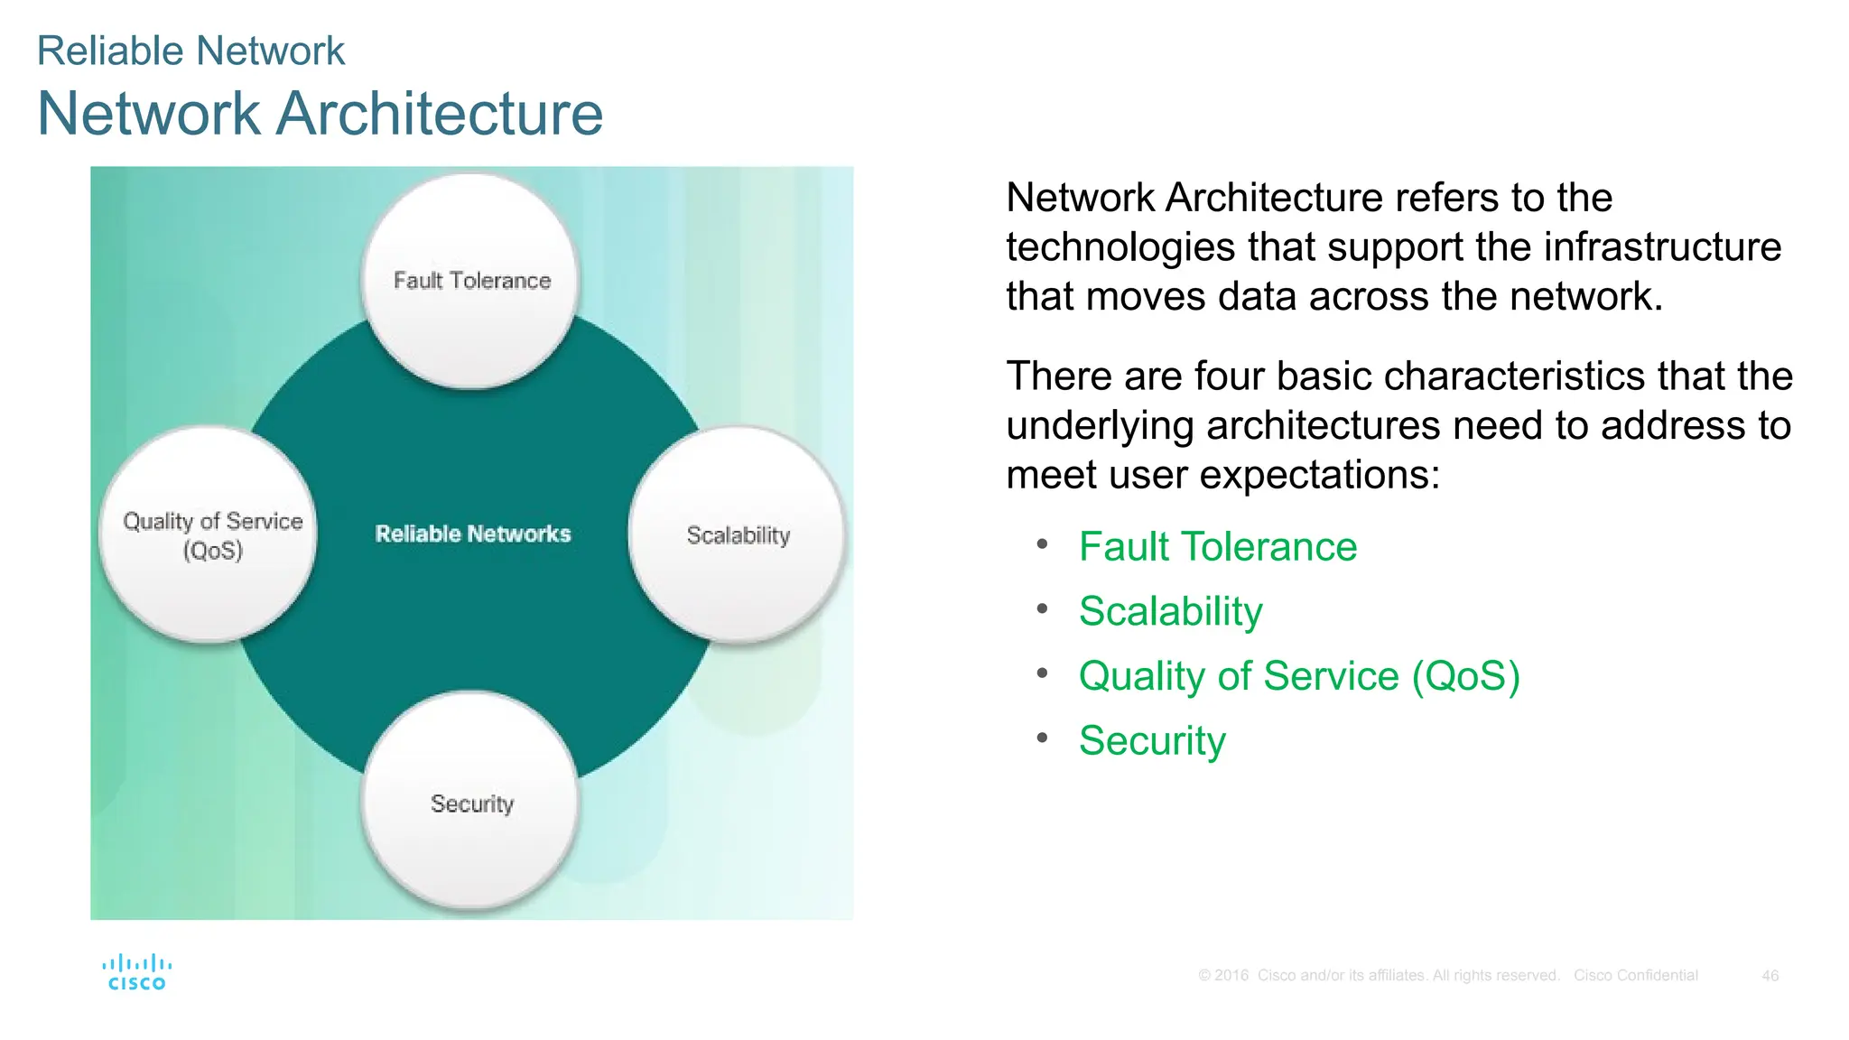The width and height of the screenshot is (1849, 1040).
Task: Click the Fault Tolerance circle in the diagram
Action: pyautogui.click(x=470, y=281)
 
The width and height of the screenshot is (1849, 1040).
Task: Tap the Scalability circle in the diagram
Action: pyautogui.click(x=738, y=534)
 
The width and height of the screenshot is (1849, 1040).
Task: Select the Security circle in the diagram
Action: pyautogui.click(x=470, y=802)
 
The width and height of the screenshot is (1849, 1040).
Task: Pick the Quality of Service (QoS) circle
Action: pyautogui.click(x=209, y=534)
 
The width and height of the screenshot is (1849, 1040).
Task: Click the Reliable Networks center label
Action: pyautogui.click(x=473, y=534)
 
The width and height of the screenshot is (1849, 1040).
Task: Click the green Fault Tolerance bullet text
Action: pyautogui.click(x=1217, y=547)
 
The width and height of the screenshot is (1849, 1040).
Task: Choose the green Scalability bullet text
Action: pyautogui.click(x=1170, y=611)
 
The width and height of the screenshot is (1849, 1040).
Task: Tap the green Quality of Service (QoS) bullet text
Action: pyautogui.click(x=1298, y=676)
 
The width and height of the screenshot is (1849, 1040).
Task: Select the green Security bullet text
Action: pyautogui.click(x=1152, y=741)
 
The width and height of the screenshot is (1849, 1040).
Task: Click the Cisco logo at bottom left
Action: pyautogui.click(x=137, y=972)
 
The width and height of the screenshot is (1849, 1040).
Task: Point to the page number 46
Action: pyautogui.click(x=1770, y=976)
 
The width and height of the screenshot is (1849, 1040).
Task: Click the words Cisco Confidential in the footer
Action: pyautogui.click(x=1635, y=976)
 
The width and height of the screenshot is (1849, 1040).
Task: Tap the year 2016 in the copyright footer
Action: pyautogui.click(x=1231, y=976)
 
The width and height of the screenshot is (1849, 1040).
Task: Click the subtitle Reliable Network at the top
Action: pyautogui.click(x=190, y=51)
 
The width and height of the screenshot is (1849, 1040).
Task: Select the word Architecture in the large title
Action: pyautogui.click(x=440, y=114)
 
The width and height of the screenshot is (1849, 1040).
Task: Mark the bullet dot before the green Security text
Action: pyautogui.click(x=1042, y=738)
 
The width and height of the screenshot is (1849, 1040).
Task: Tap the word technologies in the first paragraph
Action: pyautogui.click(x=1120, y=247)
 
